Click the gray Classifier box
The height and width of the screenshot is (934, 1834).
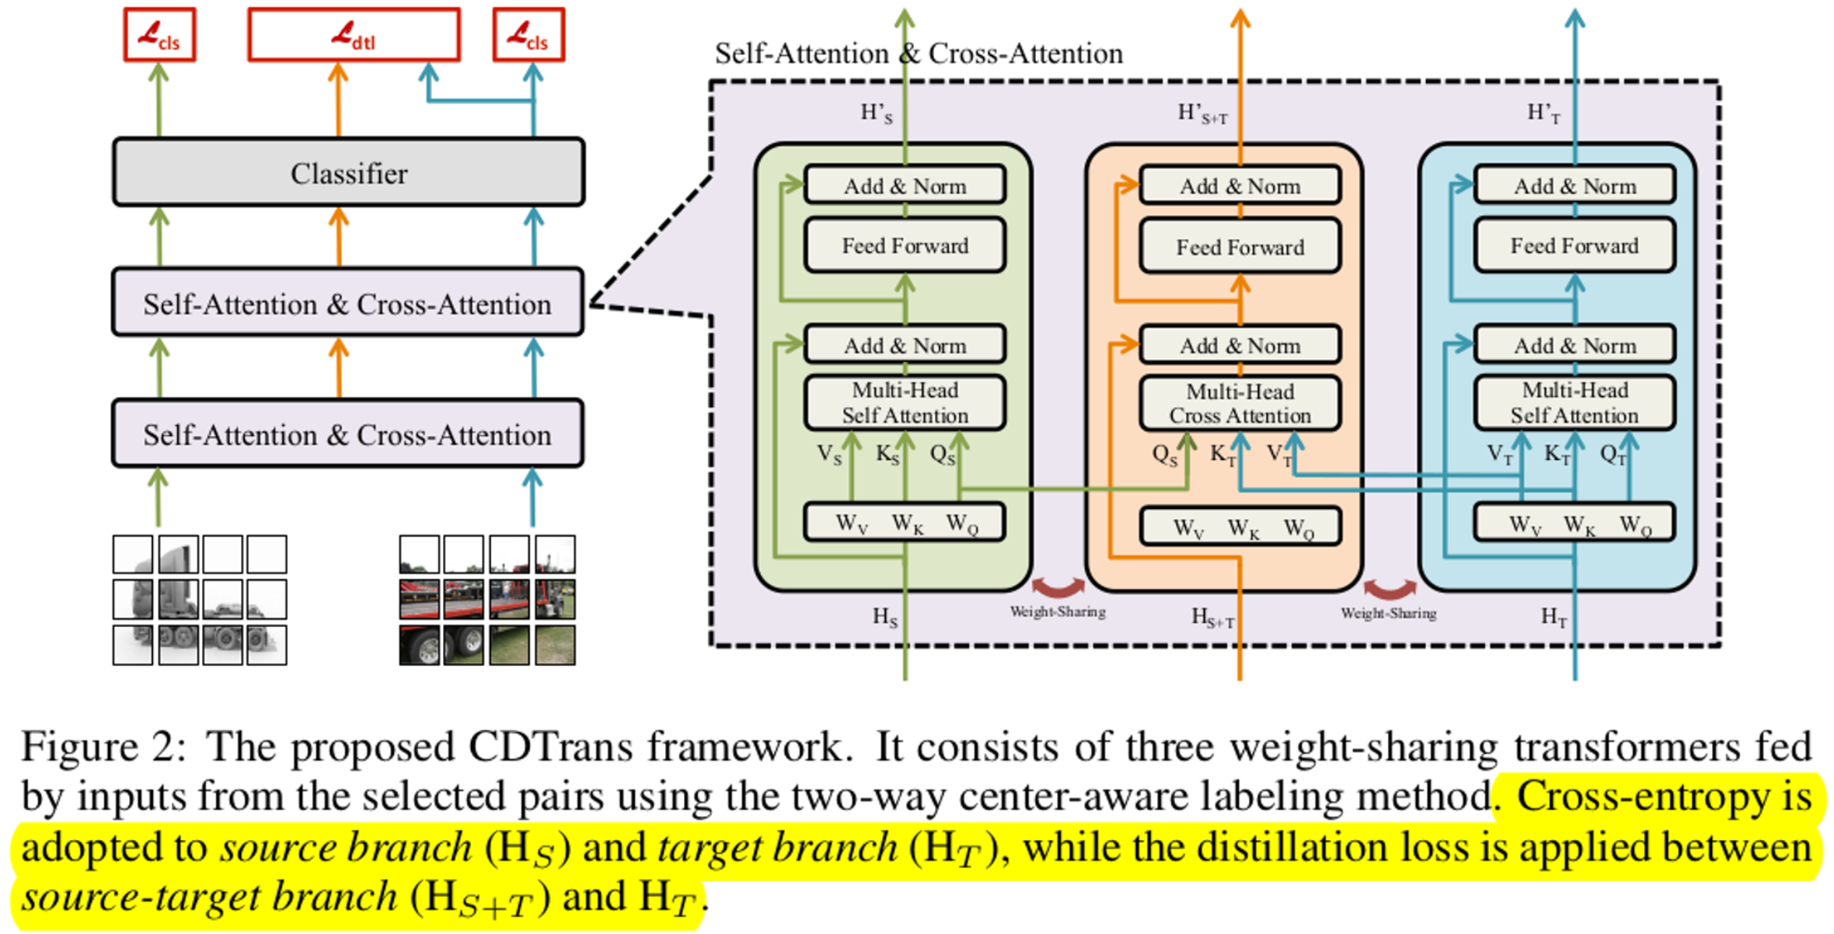348,173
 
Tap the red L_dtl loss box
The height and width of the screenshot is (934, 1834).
354,35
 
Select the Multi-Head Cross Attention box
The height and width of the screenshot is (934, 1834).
1240,403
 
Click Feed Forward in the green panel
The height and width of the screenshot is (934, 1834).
905,246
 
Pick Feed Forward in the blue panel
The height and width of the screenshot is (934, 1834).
1574,246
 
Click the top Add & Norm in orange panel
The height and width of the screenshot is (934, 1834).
1240,186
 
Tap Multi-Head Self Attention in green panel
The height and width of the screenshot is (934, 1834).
905,403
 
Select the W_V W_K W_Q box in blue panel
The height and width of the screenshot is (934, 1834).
1574,524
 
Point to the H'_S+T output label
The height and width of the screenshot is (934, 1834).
1201,114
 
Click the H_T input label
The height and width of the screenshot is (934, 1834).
1553,617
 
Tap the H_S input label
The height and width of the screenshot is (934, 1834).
884,617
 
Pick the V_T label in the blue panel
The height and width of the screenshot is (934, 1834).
1499,455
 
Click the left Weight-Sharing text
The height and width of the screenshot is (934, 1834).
1057,612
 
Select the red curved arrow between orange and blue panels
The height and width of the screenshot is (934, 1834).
1389,588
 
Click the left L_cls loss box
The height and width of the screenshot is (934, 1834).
159,35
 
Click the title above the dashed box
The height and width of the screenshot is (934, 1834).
919,54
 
